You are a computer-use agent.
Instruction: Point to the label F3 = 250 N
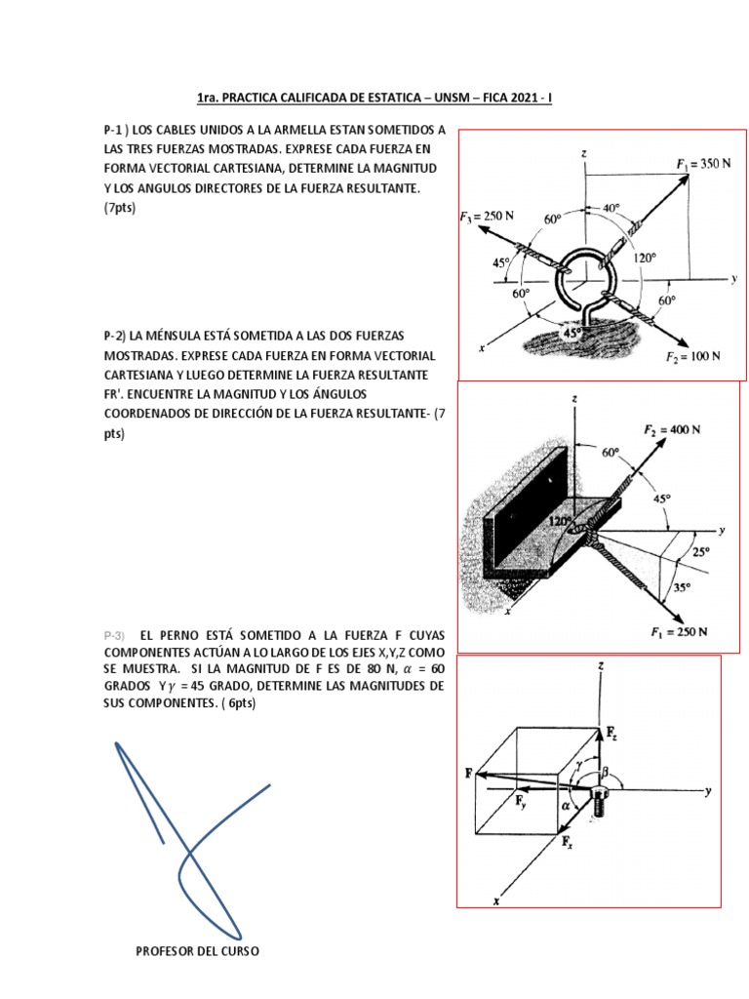click(488, 216)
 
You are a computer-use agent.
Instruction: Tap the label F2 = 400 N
click(678, 429)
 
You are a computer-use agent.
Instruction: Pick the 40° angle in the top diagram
click(610, 208)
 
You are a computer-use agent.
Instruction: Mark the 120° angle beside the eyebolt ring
click(645, 259)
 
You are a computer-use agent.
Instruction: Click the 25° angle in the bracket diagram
click(701, 551)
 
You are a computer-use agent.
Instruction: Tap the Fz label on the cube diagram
click(611, 731)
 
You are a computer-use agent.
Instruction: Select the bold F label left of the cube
click(469, 773)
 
